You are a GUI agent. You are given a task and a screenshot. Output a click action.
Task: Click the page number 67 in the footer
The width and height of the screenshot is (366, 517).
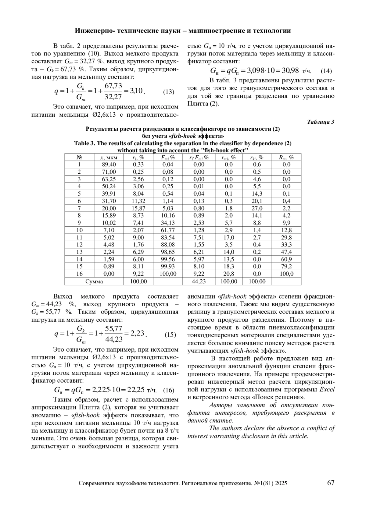point(331,483)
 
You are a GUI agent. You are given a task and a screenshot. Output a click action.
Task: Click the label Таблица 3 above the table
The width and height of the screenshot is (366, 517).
point(321,122)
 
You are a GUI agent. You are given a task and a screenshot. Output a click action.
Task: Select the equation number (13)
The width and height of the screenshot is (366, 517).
point(168,92)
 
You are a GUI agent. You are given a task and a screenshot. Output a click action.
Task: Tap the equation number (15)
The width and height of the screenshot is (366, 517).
point(170,335)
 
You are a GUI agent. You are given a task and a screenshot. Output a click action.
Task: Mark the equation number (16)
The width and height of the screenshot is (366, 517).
point(169,391)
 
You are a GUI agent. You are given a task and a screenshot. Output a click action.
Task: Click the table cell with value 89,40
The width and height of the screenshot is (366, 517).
point(109,165)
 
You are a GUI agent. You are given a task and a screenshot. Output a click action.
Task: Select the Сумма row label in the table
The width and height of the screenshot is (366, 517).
point(94,282)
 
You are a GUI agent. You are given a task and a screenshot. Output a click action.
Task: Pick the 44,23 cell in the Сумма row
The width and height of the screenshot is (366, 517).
point(199,282)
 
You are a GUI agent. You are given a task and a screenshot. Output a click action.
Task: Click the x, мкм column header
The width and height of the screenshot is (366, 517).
point(109,158)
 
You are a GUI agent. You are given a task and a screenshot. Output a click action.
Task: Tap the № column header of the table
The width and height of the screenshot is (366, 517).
point(79,158)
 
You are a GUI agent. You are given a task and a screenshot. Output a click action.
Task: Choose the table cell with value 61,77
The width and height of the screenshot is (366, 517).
point(168,230)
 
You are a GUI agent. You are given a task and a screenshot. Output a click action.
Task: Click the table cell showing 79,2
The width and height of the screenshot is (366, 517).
point(286,267)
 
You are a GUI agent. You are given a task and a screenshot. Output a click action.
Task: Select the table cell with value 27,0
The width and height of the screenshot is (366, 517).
point(257,208)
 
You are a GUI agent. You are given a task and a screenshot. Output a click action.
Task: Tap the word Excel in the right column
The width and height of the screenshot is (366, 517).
point(327,389)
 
